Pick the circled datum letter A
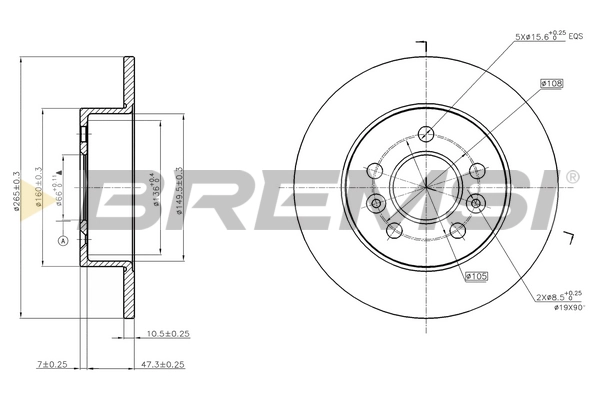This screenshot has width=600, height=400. (62, 241)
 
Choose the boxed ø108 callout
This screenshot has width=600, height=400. (552, 85)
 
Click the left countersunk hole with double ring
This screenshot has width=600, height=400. (377, 204)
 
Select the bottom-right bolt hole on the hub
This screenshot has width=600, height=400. (461, 229)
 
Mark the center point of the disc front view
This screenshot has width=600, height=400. (427, 185)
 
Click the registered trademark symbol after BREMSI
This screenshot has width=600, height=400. (571, 177)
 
